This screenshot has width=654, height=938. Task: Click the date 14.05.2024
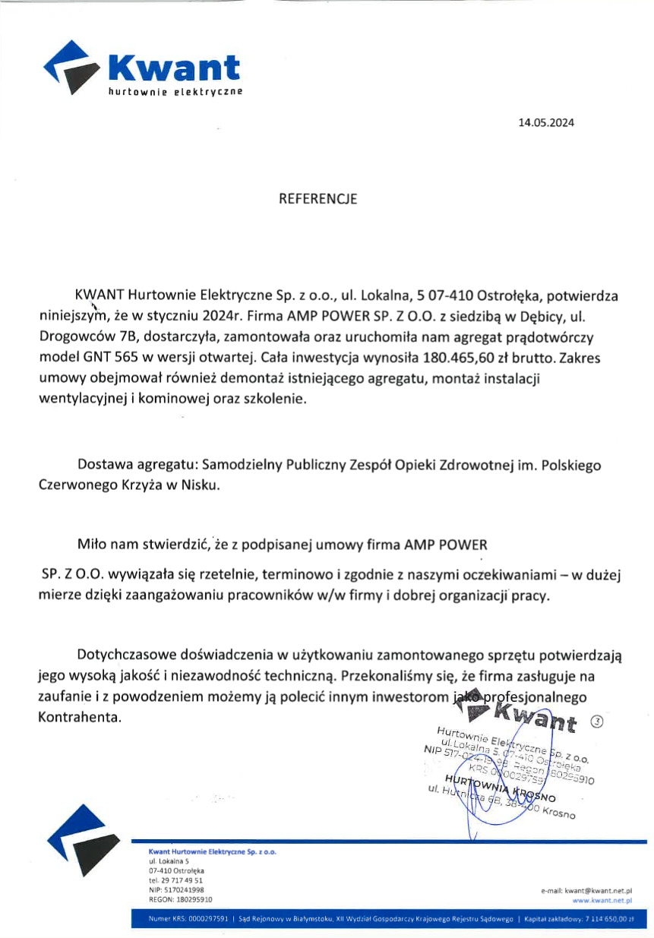(x=546, y=122)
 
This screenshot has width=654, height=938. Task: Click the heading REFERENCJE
(x=318, y=200)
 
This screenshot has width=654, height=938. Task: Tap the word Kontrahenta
(x=79, y=716)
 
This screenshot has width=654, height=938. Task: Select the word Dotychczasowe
(x=126, y=654)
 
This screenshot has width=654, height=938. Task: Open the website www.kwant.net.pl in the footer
(x=603, y=899)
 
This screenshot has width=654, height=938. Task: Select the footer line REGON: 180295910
(x=175, y=899)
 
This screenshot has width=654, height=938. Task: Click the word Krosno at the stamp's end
(x=559, y=813)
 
